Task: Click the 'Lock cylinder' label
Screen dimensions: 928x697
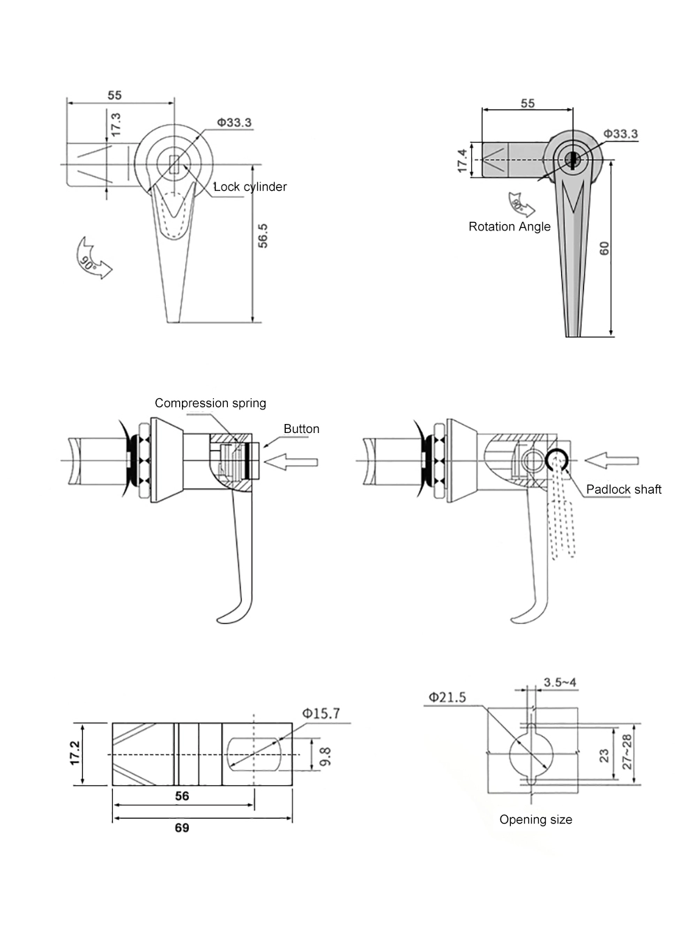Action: click(250, 187)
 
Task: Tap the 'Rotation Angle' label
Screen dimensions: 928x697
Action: click(509, 226)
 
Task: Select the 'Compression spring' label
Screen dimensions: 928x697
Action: click(210, 403)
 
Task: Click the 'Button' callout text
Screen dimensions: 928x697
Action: click(301, 429)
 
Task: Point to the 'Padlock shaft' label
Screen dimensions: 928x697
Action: click(623, 489)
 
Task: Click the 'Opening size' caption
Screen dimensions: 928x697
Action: click(535, 819)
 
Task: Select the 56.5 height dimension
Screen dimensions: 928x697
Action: click(263, 235)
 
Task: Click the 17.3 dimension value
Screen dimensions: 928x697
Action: click(116, 125)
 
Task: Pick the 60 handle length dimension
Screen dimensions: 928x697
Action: click(604, 248)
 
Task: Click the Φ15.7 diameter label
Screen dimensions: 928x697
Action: click(321, 714)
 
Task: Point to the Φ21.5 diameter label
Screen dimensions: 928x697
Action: click(447, 697)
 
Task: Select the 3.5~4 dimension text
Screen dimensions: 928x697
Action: click(560, 682)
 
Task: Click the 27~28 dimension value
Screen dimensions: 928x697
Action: click(627, 752)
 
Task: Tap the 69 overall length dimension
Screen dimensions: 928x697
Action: click(181, 827)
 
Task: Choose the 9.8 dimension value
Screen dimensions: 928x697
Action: click(325, 756)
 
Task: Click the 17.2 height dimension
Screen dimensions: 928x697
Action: click(75, 754)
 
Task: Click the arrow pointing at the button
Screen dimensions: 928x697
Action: click(292, 462)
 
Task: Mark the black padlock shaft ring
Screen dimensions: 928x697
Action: click(558, 459)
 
